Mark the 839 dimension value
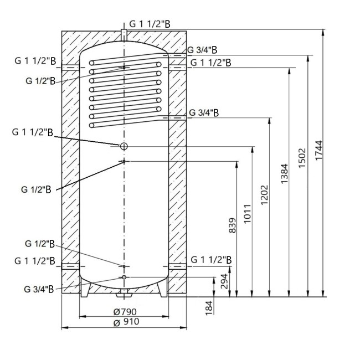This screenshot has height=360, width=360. coord(232,225)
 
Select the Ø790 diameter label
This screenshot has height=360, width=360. coord(124,311)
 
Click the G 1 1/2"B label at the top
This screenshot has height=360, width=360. coord(150,24)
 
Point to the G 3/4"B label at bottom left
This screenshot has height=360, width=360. coord(39,289)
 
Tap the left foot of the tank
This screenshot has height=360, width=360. coord(88,287)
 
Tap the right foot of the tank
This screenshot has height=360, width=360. coord(162,287)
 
